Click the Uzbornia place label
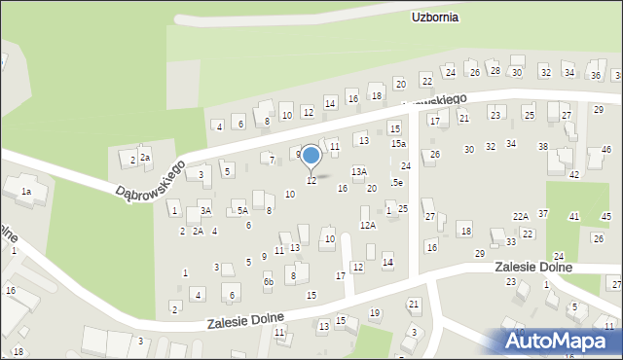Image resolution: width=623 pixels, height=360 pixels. [435, 18]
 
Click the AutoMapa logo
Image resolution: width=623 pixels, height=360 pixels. [560, 342]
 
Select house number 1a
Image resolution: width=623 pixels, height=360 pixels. [26, 192]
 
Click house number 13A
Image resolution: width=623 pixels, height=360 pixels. [359, 171]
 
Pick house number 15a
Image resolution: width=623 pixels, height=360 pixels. [398, 144]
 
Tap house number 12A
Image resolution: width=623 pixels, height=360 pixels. [367, 225]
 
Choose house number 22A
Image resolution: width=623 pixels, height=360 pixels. [521, 216]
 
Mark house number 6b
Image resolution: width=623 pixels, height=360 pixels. [268, 282]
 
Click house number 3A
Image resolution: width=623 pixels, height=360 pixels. [205, 210]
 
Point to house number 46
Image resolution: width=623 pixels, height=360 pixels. [605, 149]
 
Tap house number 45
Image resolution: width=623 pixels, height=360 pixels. [605, 216]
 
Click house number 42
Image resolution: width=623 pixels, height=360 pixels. [574, 174]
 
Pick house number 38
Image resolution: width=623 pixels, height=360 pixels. [543, 147]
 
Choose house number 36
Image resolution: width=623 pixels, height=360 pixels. [595, 75]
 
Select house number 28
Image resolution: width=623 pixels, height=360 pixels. [495, 70]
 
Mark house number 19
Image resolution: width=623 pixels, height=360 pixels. [375, 312]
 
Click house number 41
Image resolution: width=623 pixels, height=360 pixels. [574, 216]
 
